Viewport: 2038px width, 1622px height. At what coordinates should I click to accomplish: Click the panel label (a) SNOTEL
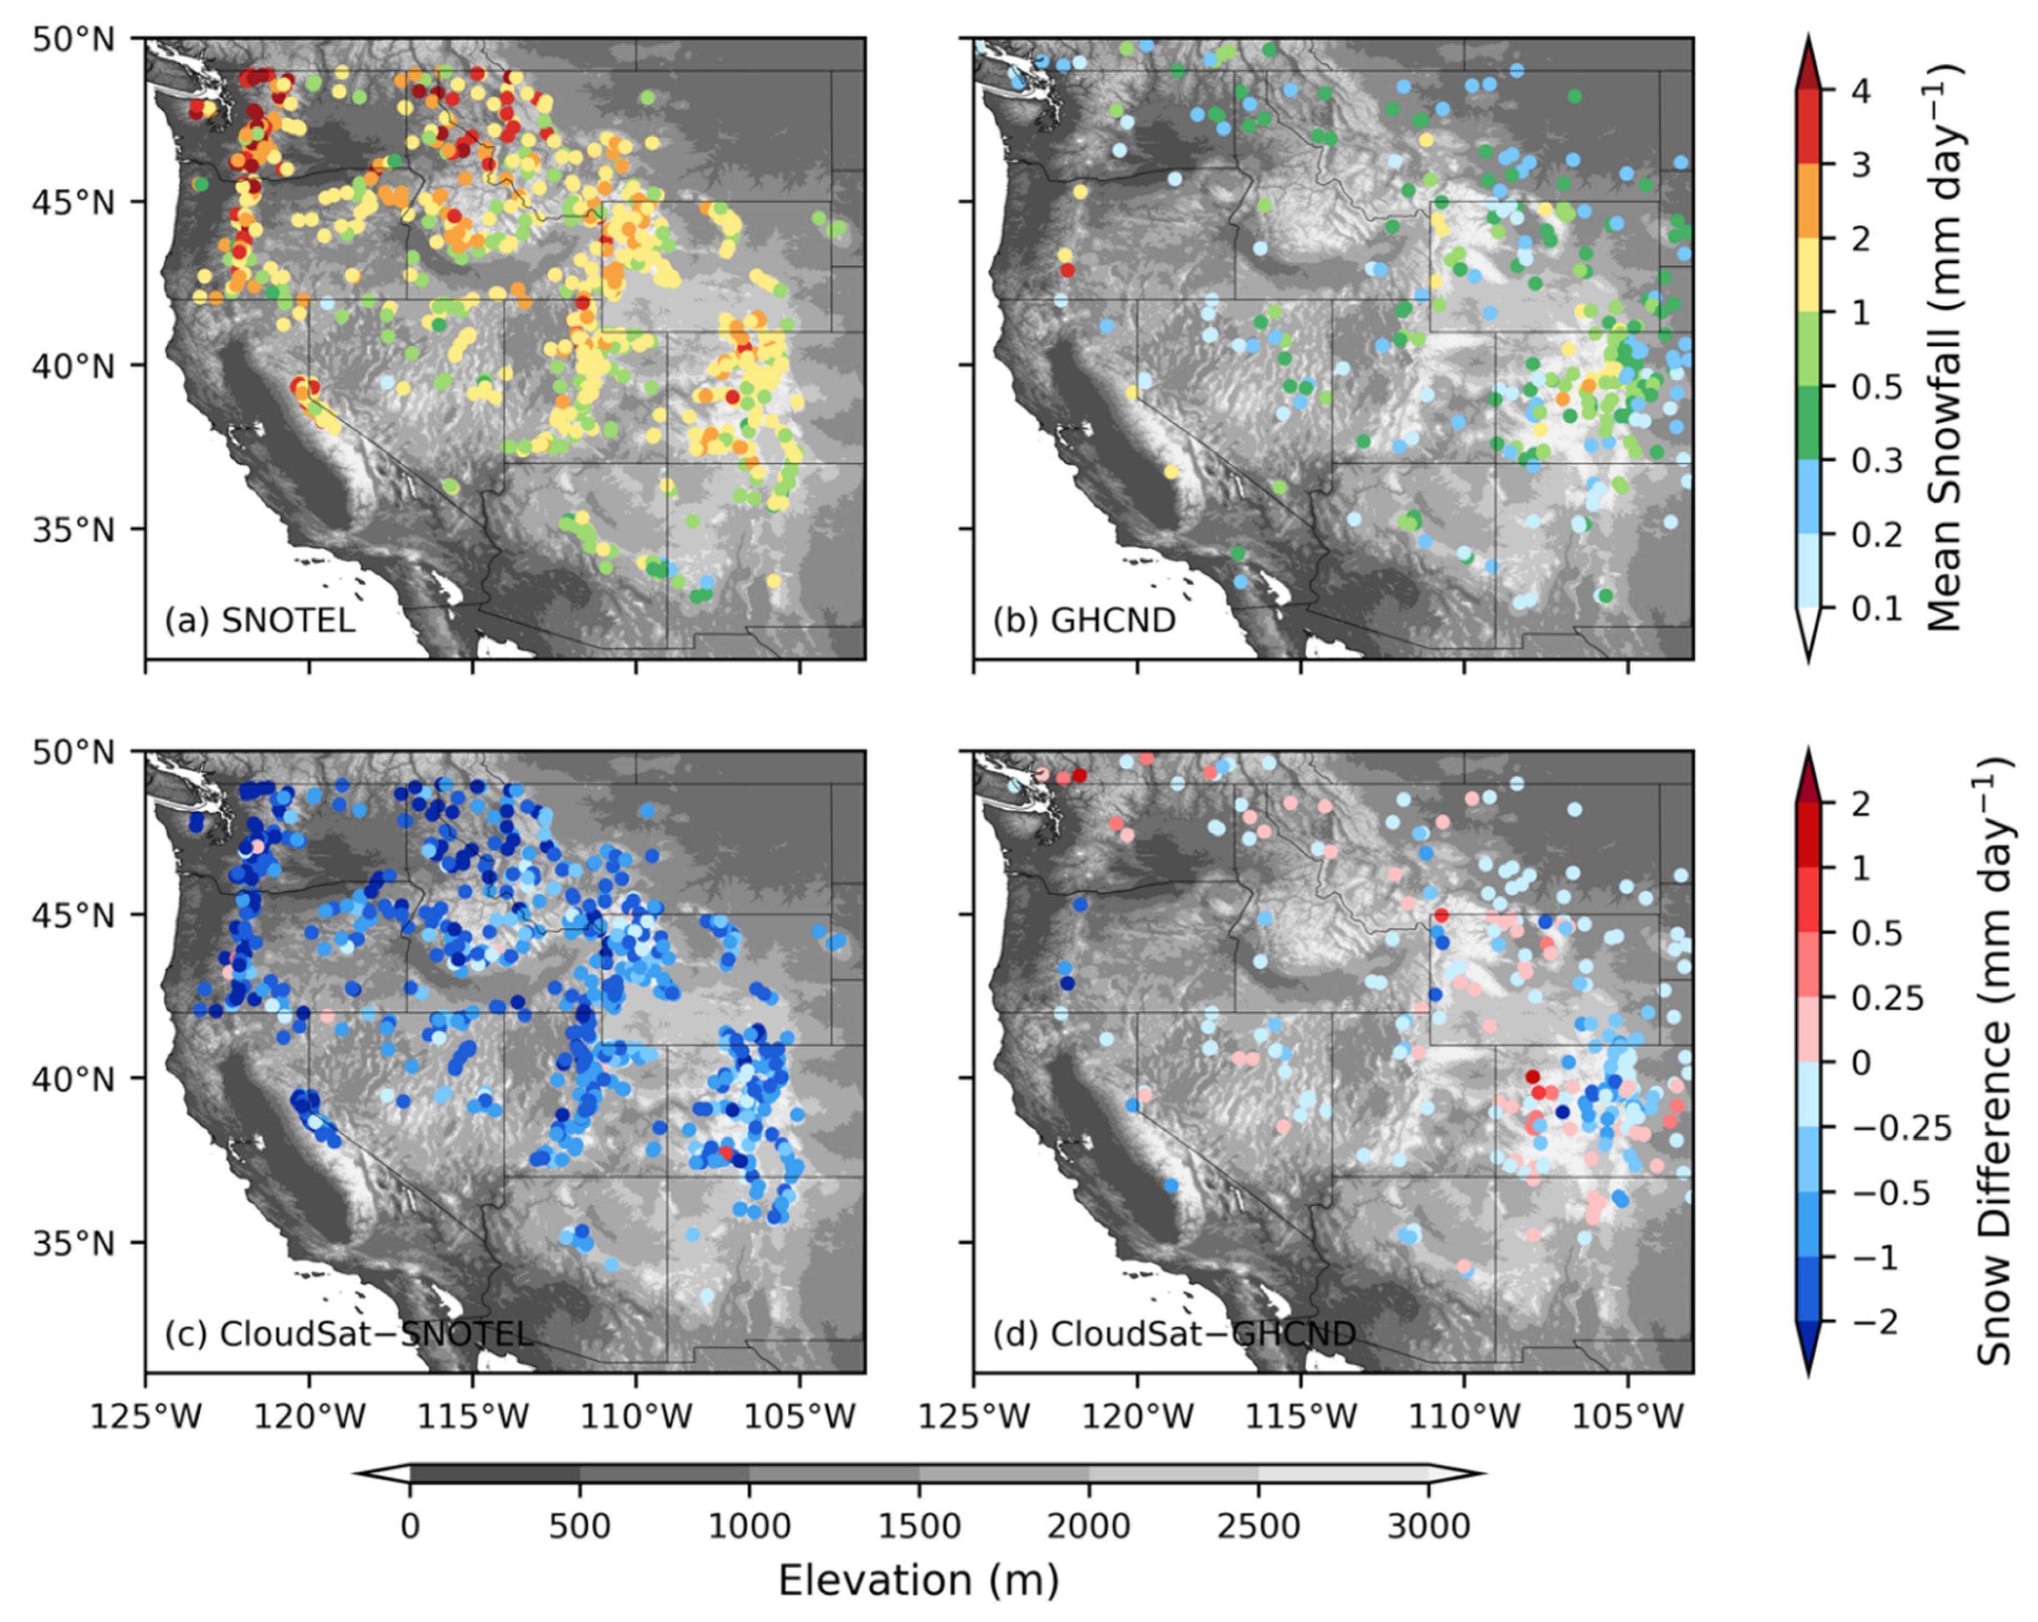(260, 621)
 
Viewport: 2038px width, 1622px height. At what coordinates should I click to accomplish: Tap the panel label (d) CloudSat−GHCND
(1174, 1334)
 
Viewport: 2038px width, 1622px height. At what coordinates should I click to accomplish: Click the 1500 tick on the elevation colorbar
(919, 1526)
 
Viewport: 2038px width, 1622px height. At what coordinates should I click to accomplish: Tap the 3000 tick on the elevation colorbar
(1427, 1526)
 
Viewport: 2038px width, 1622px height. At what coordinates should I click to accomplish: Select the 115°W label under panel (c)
(473, 1417)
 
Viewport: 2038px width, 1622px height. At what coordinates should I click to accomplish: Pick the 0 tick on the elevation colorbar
(410, 1526)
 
